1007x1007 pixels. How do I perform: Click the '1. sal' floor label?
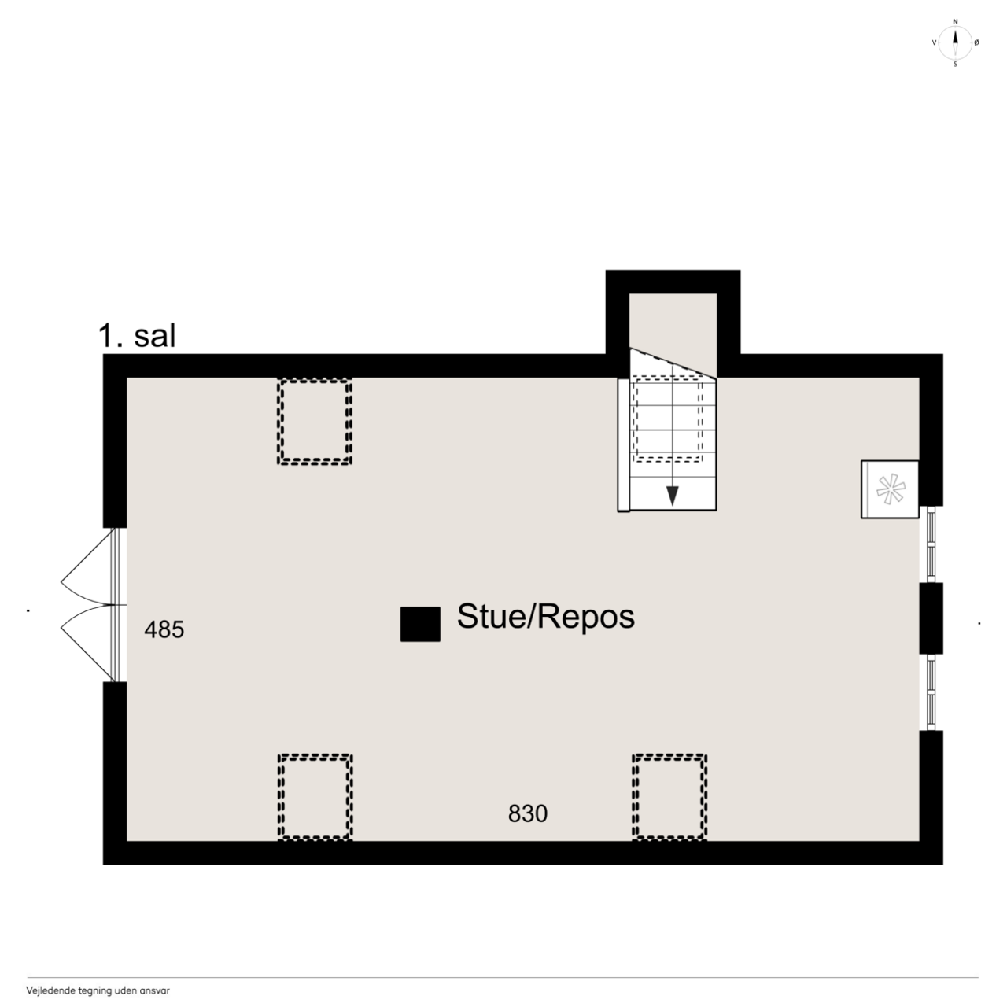coord(137,335)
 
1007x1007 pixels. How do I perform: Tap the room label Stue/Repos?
coord(545,617)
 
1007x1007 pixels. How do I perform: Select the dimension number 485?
coord(164,629)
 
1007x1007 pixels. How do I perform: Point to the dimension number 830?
coord(528,813)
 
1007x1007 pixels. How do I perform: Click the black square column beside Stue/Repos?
coord(420,624)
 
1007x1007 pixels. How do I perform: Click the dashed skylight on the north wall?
coord(315,422)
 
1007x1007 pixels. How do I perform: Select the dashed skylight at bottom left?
coord(315,797)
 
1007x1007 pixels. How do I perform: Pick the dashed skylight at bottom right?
coord(669,797)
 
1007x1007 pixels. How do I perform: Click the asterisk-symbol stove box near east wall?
coord(890,489)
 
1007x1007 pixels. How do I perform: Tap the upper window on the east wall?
coord(931,544)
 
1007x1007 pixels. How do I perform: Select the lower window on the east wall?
coord(931,692)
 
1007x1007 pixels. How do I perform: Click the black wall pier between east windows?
coord(931,618)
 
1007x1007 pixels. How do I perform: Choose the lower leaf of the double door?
coord(87,644)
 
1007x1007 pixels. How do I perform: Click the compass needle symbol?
coord(955,42)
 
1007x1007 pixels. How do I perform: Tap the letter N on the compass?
coord(955,22)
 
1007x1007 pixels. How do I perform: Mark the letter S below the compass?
coord(955,65)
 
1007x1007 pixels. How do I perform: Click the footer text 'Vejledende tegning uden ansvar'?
coord(98,990)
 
